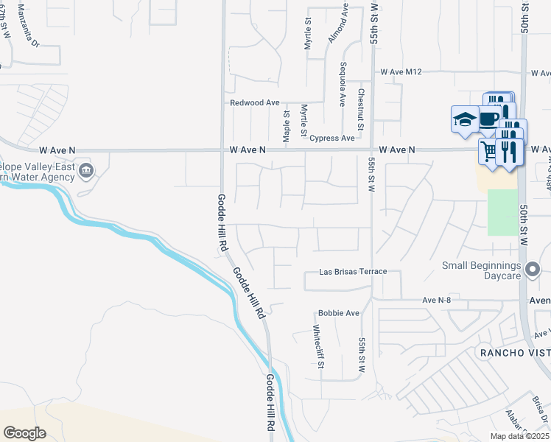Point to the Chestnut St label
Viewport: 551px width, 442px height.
360,110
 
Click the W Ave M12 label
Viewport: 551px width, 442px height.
401,72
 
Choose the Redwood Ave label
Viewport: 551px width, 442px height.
255,103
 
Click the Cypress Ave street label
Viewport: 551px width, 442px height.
331,138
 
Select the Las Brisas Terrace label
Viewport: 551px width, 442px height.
353,272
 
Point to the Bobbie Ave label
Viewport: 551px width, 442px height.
338,313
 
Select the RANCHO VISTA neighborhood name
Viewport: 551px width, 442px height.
515,352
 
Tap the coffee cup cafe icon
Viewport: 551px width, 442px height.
488,117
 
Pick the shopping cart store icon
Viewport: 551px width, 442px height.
488,152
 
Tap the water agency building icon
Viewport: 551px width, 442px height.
86,172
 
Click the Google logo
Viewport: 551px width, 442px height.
25,433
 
